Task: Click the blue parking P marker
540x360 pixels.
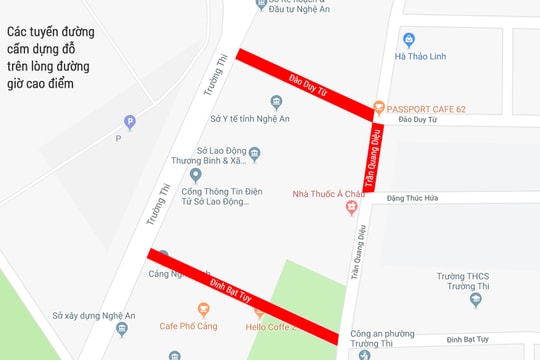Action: (x=129, y=123)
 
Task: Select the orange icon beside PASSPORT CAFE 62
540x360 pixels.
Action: (x=378, y=107)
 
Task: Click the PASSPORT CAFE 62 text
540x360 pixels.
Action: (x=425, y=107)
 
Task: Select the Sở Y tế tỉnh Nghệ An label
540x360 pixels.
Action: (x=250, y=119)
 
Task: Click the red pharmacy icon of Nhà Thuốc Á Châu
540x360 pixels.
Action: (x=351, y=207)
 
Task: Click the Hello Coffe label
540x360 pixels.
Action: (x=267, y=326)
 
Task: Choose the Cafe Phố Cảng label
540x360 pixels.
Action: (x=191, y=326)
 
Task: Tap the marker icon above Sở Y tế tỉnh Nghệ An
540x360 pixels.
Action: (x=277, y=102)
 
